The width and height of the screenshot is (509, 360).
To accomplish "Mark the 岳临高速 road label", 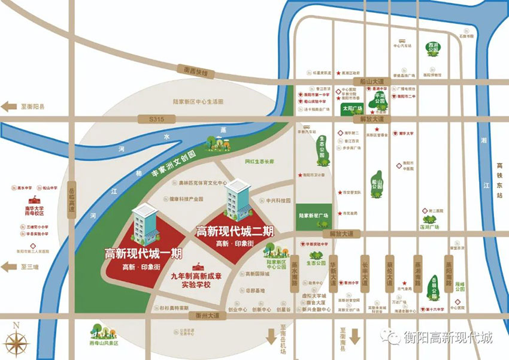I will (x=71, y=198).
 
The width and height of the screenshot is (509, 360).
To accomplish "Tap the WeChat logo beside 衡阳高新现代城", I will (x=393, y=338).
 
